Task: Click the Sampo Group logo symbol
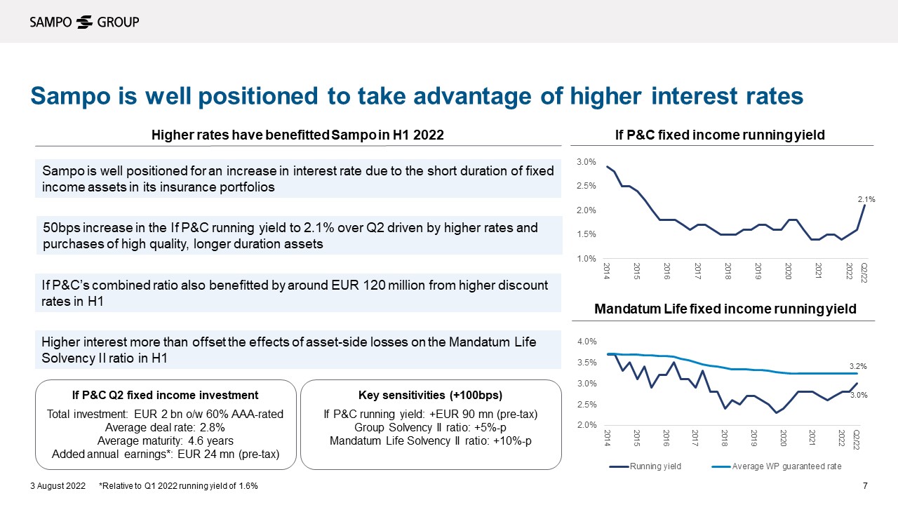[84, 22]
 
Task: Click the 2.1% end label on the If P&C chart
[866, 200]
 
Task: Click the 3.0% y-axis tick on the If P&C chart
[586, 162]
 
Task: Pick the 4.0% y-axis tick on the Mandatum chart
[586, 342]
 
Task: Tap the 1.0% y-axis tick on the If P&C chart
[586, 260]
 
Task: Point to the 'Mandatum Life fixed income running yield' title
[725, 309]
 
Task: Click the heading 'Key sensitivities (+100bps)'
[431, 395]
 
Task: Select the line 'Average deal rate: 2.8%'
[165, 427]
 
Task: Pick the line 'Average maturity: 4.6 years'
[165, 440]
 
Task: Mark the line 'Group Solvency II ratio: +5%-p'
[431, 427]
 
